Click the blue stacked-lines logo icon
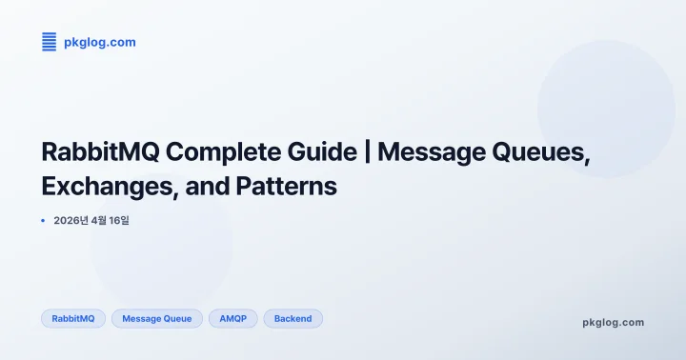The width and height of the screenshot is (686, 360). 50,42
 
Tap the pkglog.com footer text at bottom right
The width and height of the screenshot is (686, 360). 613,322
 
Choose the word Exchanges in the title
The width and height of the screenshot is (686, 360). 111,187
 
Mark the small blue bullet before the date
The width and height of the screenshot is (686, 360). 43,221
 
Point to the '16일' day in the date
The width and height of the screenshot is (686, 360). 129,221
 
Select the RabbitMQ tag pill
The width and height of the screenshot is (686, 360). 73,318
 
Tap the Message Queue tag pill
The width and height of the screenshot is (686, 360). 157,318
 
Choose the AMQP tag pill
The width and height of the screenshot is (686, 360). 232,318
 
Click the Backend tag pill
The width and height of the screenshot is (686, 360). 293,318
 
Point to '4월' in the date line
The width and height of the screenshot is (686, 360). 102,221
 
